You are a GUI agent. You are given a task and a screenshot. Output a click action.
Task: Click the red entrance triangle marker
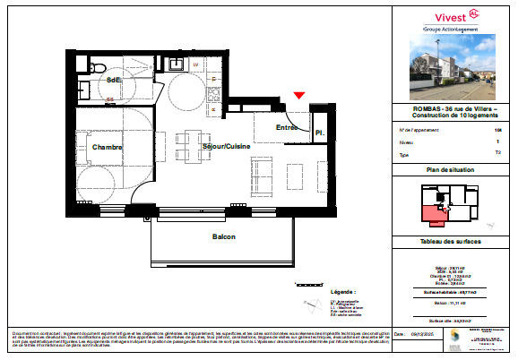(x=299, y=96)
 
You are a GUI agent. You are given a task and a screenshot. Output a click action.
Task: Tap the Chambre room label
(x=107, y=147)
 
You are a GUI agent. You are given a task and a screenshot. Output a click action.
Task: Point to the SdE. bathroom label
(x=114, y=81)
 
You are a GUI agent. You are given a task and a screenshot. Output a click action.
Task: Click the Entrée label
(x=287, y=127)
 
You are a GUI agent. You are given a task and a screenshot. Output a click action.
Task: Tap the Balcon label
(x=223, y=236)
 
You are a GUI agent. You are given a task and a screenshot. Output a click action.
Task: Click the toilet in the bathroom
(x=99, y=68)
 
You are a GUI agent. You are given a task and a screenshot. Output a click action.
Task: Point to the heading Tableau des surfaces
(x=453, y=243)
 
